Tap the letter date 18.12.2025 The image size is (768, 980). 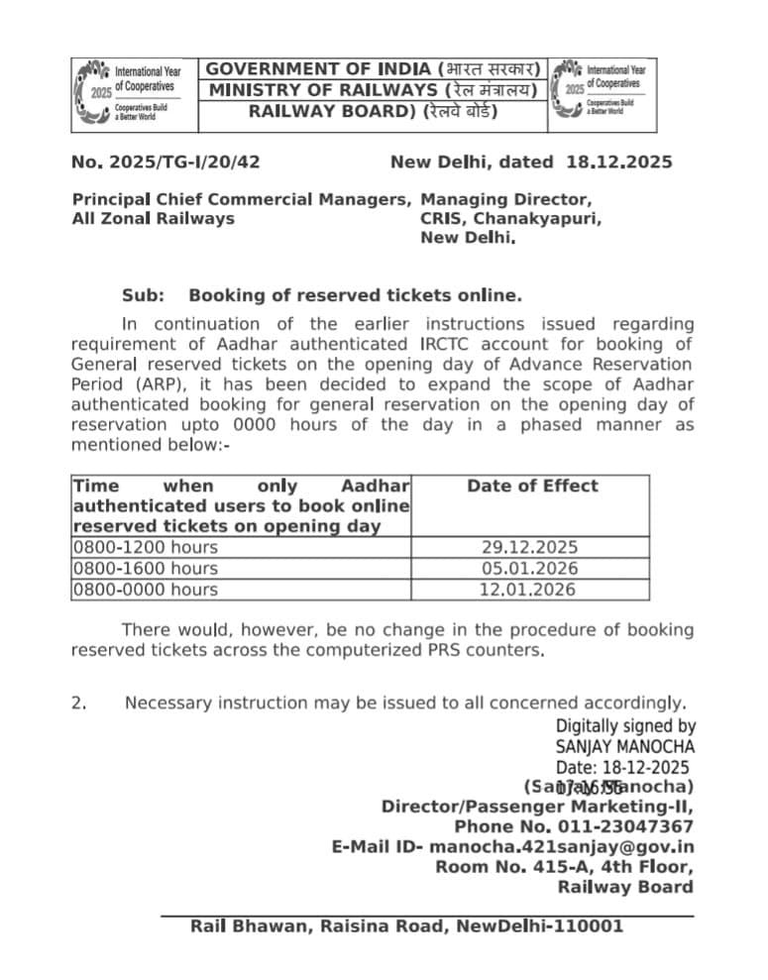click(619, 162)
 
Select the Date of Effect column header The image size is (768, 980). click(532, 486)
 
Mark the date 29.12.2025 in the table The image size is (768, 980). click(529, 547)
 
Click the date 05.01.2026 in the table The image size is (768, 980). click(529, 568)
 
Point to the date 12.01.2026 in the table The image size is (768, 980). click(529, 589)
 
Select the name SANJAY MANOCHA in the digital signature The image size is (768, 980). click(624, 746)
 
